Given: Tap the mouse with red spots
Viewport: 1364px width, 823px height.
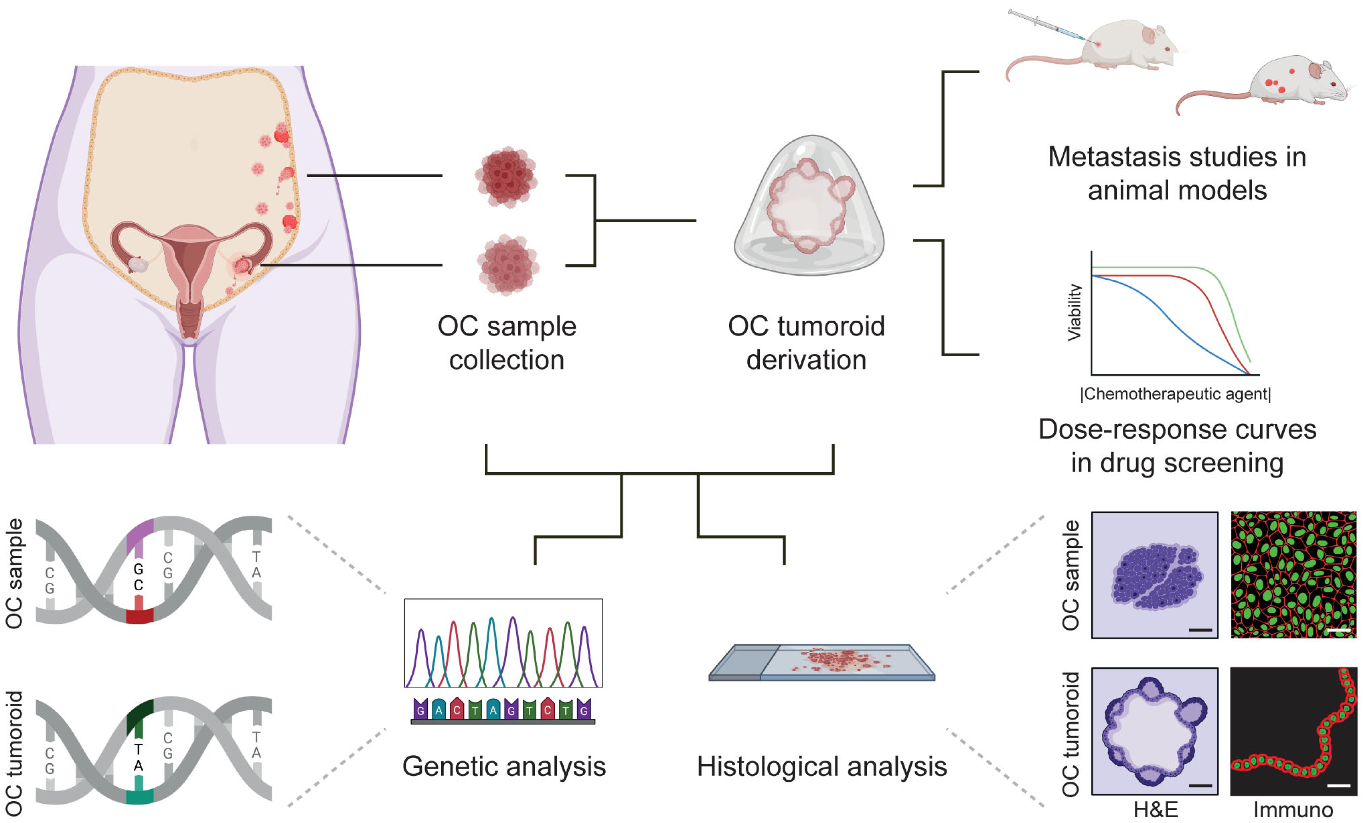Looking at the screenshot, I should tap(1290, 83).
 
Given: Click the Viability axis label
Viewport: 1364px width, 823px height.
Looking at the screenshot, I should tap(1074, 313).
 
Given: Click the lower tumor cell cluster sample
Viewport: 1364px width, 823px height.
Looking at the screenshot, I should tap(507, 265).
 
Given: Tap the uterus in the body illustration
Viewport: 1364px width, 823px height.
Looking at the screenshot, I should tap(190, 260).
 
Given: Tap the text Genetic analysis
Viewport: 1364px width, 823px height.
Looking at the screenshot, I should tap(504, 766).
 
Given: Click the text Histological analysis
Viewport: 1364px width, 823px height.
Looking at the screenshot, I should tap(822, 766).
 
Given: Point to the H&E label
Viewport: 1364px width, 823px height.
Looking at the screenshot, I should tap(1155, 810).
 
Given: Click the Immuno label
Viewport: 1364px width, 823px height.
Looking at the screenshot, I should tap(1293, 810).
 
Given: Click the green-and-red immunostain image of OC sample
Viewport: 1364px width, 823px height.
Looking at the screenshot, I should tap(1293, 575).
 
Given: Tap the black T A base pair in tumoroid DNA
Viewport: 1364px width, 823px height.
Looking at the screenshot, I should tap(138, 757).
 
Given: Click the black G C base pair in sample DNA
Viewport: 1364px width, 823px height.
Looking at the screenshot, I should tap(138, 577).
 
